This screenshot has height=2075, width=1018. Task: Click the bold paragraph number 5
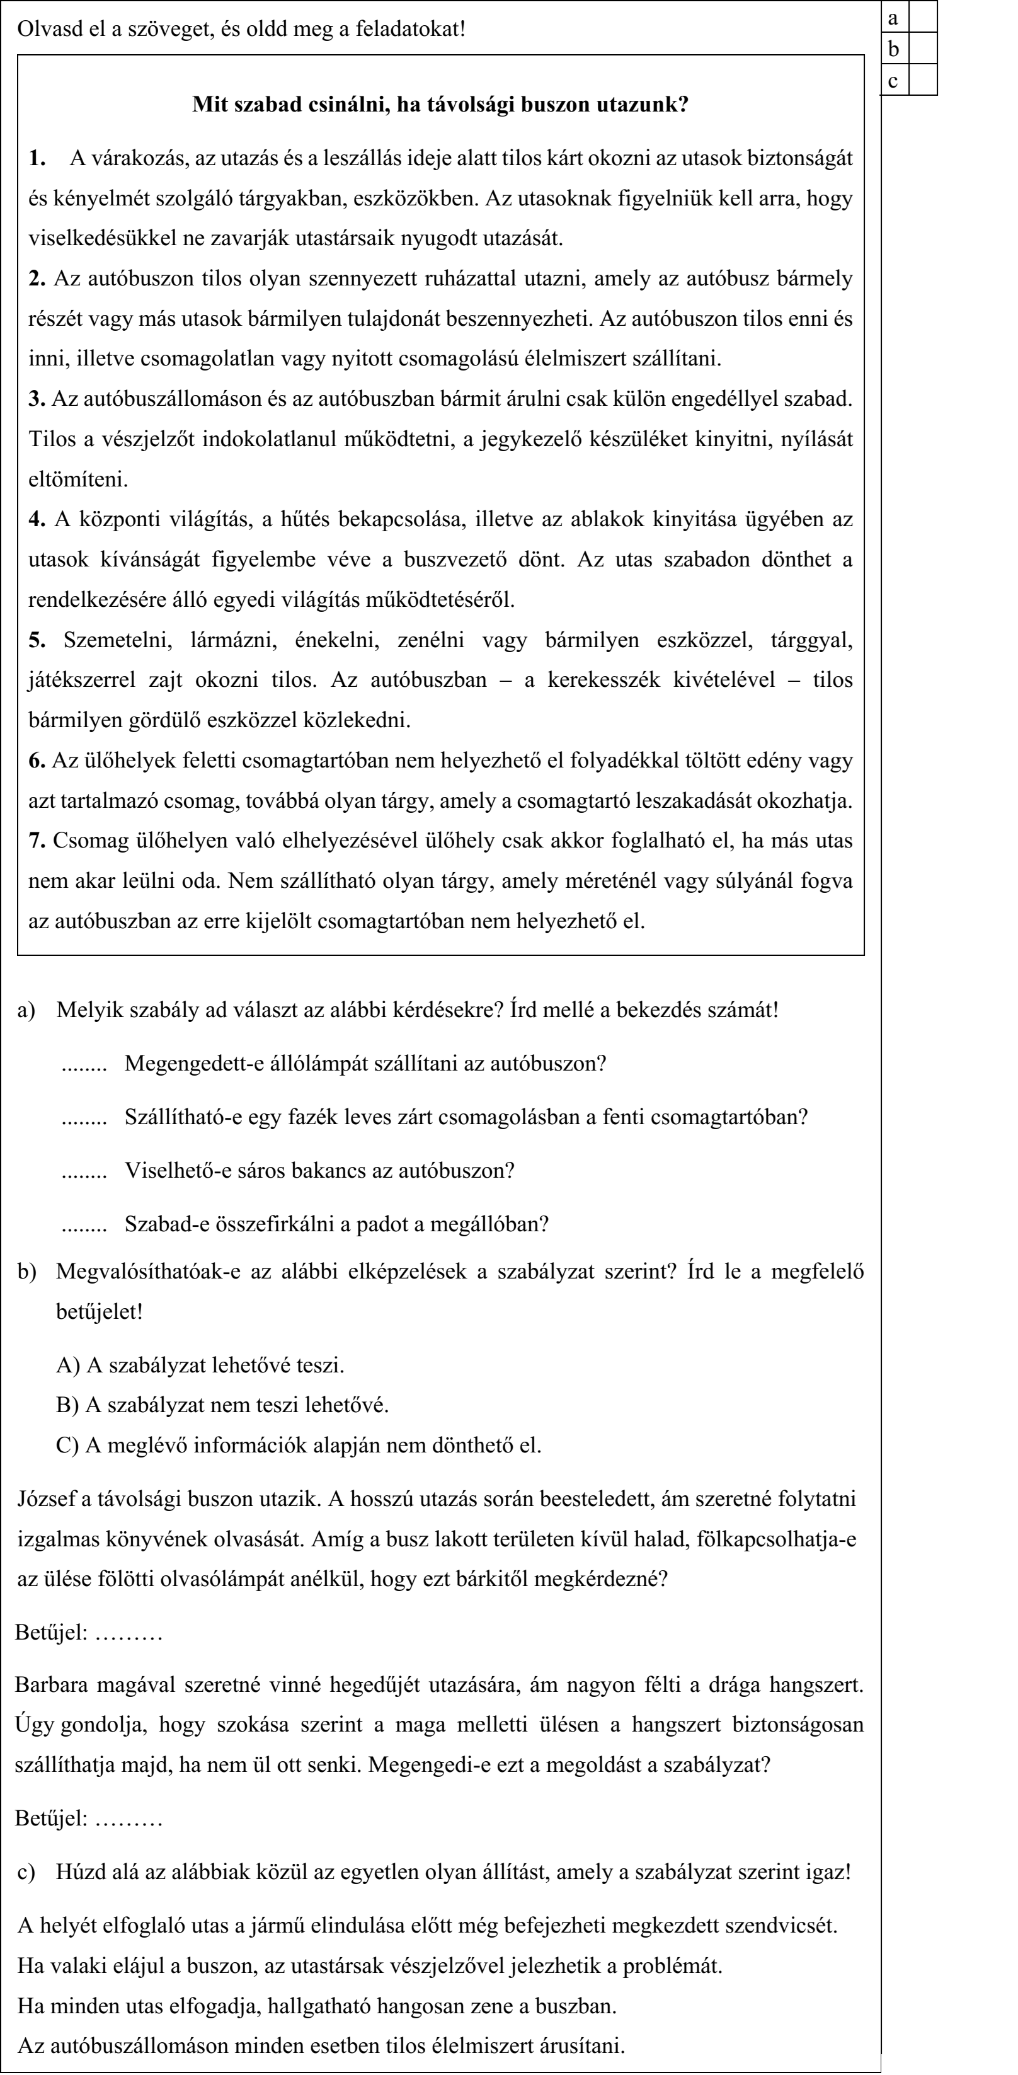37,640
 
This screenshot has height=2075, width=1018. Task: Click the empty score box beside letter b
923,49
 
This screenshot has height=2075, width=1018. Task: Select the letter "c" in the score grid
893,81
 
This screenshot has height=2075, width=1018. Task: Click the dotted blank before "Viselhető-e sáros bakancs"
84,1171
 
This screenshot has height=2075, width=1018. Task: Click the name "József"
45,1499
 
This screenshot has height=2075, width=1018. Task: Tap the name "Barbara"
51,1685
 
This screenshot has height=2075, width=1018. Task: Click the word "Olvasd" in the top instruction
46,30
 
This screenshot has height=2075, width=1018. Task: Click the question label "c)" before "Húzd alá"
26,1872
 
